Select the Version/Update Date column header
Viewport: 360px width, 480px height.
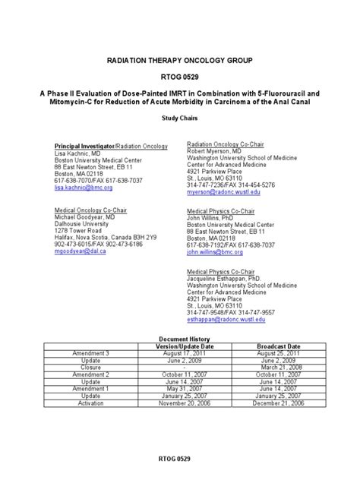tap(180, 346)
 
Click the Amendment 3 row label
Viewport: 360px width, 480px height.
tap(90, 353)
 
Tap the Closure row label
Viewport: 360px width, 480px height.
tap(90, 367)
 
